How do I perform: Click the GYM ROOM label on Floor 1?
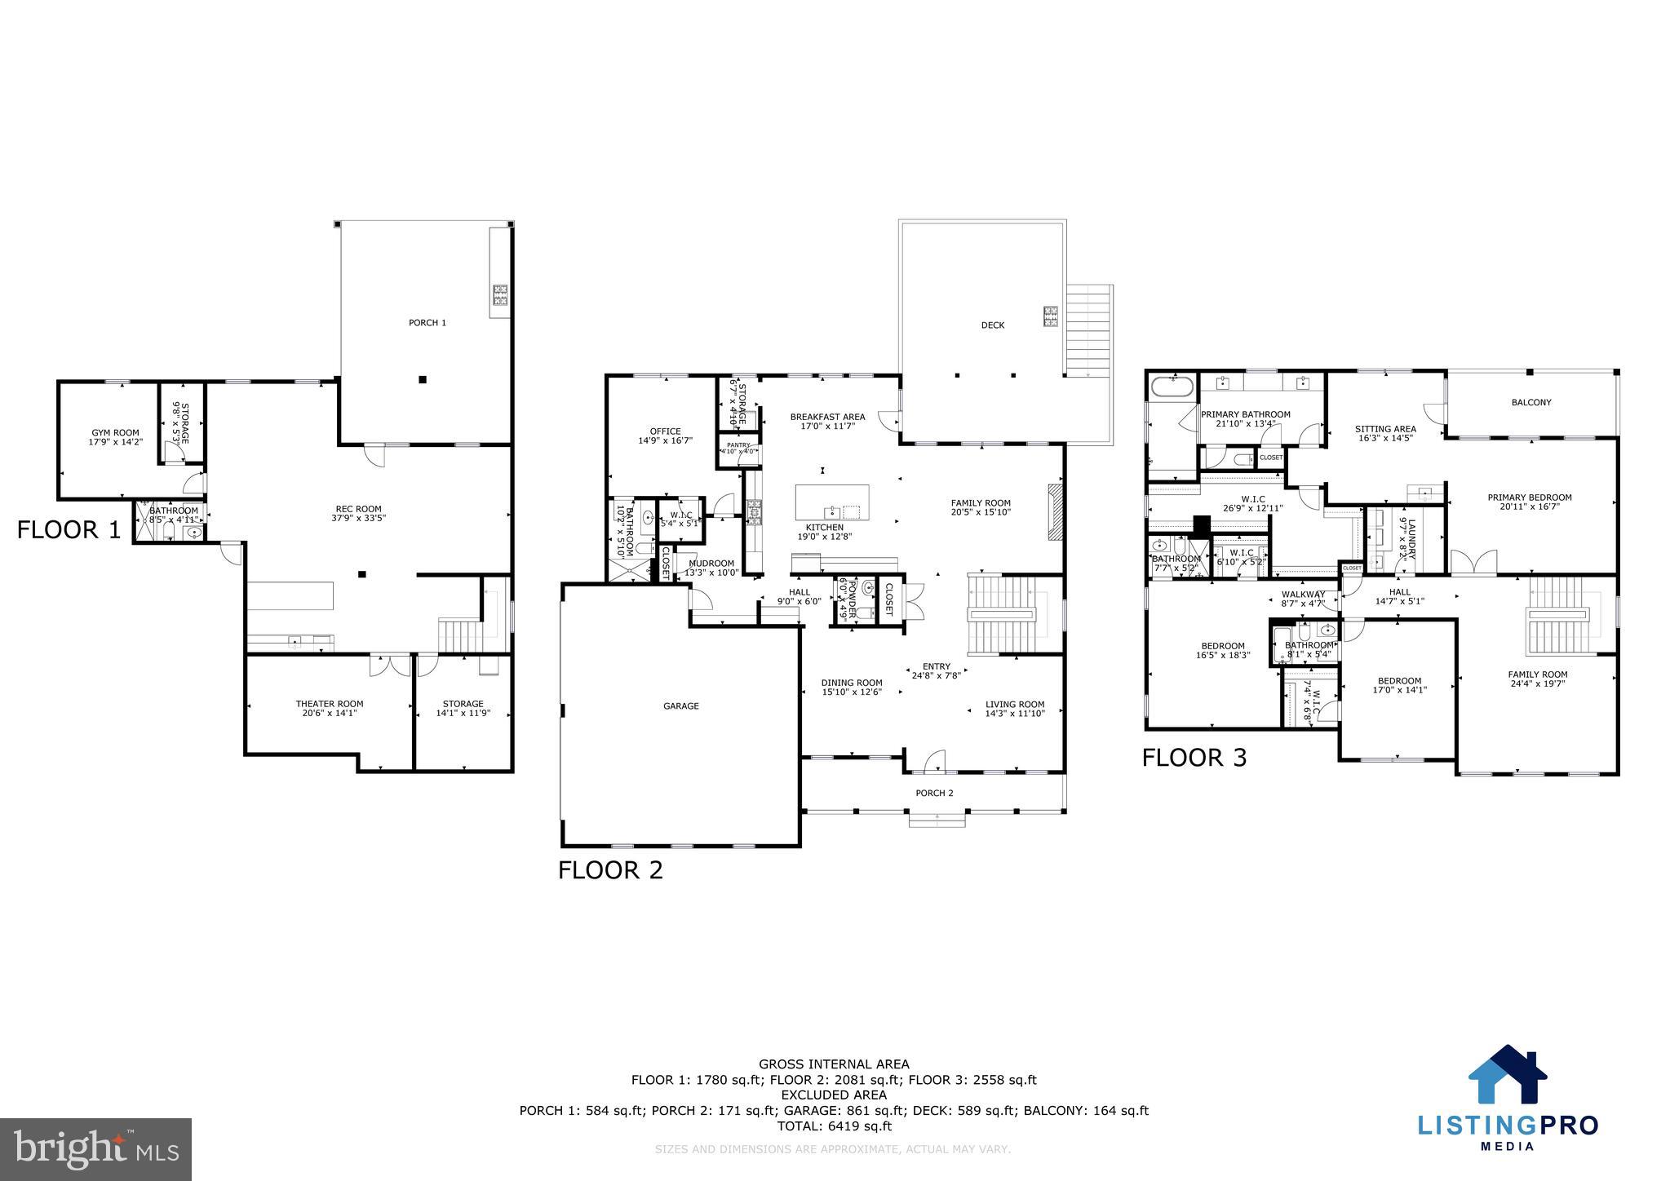[114, 433]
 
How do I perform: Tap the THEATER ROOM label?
[329, 704]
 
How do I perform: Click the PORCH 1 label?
[427, 323]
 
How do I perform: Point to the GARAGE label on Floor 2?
[680, 706]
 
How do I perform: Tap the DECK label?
[992, 325]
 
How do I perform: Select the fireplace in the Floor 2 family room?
[1055, 512]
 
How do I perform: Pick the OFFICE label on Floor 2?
[664, 431]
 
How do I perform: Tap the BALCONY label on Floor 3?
[1530, 402]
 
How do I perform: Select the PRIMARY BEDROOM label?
[1529, 498]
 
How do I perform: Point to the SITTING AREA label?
[1384, 429]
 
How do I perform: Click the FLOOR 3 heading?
[1194, 759]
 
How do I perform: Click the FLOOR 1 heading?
[69, 531]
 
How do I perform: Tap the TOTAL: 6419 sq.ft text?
[834, 1126]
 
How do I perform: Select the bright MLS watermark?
[96, 1148]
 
